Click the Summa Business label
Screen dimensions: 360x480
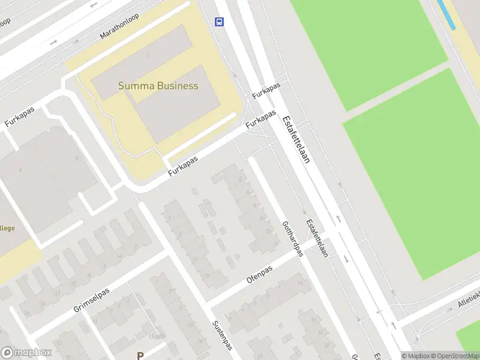click(158, 86)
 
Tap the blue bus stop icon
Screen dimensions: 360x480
click(220, 22)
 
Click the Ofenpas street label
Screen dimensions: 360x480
click(259, 275)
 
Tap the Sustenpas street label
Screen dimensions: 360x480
click(221, 339)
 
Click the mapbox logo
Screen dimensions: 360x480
click(26, 353)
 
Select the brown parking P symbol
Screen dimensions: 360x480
click(140, 355)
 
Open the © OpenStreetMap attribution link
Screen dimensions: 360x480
click(454, 356)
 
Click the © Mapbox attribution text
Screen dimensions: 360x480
click(415, 356)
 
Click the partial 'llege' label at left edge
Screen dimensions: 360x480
click(7, 228)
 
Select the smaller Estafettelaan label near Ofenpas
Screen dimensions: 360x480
click(316, 238)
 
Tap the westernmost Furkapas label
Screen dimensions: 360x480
click(19, 116)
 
